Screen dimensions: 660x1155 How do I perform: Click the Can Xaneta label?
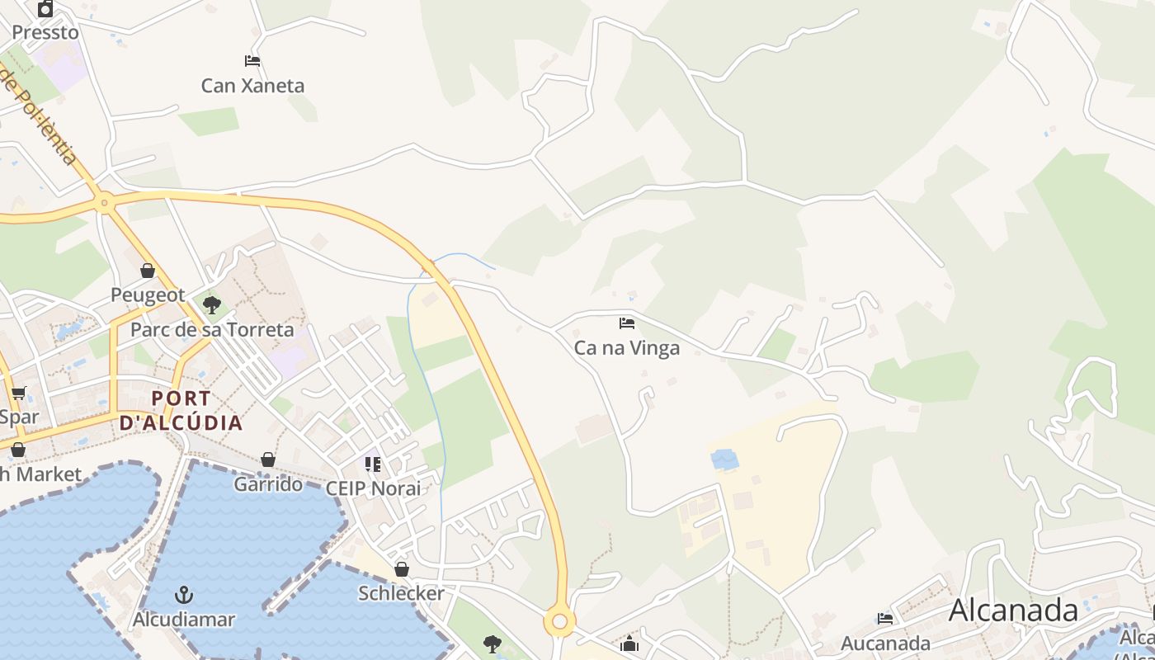(252, 86)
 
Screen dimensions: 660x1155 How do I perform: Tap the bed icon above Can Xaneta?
(252, 61)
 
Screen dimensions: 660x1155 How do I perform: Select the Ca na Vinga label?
(627, 348)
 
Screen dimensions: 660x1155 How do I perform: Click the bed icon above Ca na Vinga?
(627, 323)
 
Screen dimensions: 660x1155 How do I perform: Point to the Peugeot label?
(148, 295)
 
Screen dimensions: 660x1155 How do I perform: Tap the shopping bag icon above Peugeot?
(148, 271)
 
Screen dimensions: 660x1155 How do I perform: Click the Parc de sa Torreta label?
(212, 330)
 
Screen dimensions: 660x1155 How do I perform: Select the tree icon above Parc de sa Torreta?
(212, 305)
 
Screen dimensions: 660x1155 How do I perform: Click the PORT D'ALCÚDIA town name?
(181, 411)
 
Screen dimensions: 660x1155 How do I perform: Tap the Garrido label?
(268, 484)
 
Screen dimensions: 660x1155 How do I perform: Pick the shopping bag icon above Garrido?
(268, 460)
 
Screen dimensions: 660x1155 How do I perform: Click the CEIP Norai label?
(373, 488)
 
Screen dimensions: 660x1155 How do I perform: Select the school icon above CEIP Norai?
(373, 464)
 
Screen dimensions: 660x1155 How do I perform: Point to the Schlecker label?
(401, 593)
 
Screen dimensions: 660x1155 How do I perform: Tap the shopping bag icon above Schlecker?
(402, 569)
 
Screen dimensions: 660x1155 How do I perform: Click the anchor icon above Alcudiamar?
(184, 595)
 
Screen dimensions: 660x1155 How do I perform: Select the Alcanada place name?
(1013, 610)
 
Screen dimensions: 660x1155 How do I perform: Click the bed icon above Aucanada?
(885, 619)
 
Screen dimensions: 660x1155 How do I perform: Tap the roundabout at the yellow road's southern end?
(560, 621)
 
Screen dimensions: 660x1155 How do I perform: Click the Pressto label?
(45, 33)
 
